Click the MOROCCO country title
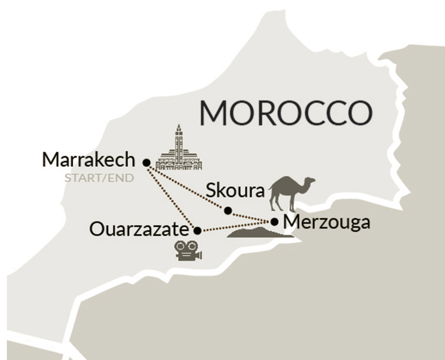(x=286, y=113)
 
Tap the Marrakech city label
(x=89, y=160)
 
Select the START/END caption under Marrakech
(x=99, y=177)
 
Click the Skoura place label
(x=235, y=191)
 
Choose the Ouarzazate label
(x=139, y=231)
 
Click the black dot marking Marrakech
(x=146, y=162)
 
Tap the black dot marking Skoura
(x=228, y=210)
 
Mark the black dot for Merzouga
(x=275, y=221)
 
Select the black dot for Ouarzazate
(x=197, y=231)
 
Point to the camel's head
(x=310, y=182)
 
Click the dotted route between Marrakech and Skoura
(x=188, y=186)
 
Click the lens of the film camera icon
(x=199, y=255)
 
